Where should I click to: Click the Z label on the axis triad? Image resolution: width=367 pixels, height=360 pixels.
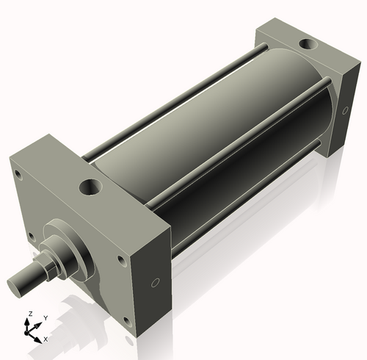pos(29,314)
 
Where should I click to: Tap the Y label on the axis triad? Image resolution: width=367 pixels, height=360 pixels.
pos(45,318)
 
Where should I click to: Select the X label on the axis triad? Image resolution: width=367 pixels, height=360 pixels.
pos(46,339)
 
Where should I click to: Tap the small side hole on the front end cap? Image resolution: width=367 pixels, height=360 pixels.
pos(154,283)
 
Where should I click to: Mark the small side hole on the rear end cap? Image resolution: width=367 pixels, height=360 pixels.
pos(343,109)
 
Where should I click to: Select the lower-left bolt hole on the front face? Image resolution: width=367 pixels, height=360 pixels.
pos(31,237)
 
